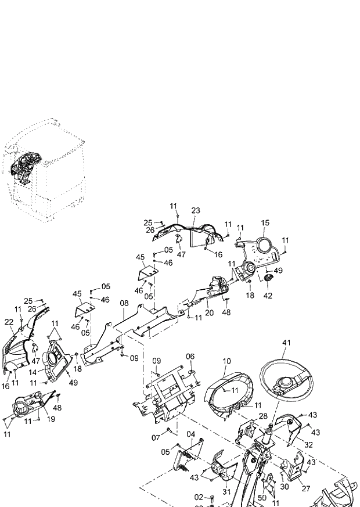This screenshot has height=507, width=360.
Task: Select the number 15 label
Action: coord(265,223)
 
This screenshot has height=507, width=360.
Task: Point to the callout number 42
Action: coord(267,295)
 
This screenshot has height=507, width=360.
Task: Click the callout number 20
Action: coord(209,312)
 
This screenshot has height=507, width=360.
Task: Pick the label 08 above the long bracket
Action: coord(124,303)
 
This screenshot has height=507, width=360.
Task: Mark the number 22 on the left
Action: coord(9,322)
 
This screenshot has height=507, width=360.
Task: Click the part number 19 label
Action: coord(51,419)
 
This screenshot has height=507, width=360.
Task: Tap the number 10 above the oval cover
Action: coord(226,361)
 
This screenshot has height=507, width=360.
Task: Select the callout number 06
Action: coord(190,356)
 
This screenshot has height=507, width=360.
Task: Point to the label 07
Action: coord(156,437)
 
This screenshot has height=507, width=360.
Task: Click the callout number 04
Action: coord(190,434)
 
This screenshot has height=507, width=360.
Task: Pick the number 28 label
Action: coord(262,416)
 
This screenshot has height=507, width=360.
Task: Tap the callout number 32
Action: coord(308,444)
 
